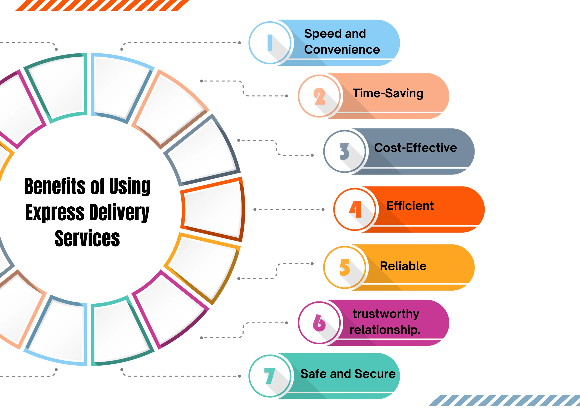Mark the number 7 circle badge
click(x=270, y=376)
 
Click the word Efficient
click(x=410, y=206)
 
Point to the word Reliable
click(x=403, y=266)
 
